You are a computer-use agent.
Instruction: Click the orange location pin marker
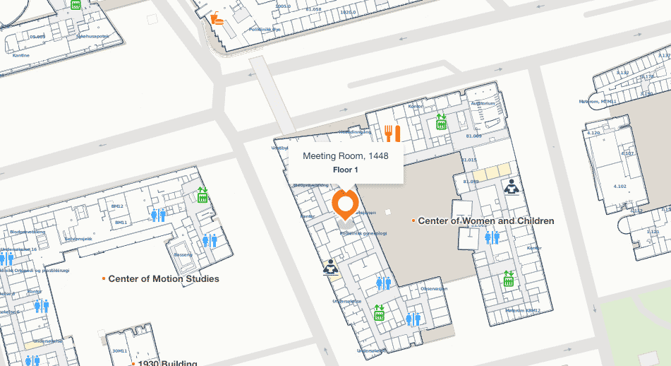[x=345, y=205]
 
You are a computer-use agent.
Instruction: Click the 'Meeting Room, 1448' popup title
[x=345, y=155]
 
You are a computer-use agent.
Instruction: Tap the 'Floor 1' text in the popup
[x=346, y=170]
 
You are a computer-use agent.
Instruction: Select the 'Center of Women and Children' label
[x=485, y=221]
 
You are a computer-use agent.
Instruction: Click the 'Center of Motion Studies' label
[x=163, y=279]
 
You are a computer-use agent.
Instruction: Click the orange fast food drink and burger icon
[x=217, y=18]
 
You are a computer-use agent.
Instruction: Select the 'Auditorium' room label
[x=483, y=104]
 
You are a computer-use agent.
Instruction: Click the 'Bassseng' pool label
[x=183, y=254]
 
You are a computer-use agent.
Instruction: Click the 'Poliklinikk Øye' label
[x=265, y=30]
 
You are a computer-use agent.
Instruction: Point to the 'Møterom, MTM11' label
[x=598, y=101]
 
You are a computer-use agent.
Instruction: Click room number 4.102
[x=620, y=187]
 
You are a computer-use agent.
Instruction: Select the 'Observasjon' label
[x=434, y=288]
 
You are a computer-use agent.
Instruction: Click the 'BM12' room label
[x=118, y=206]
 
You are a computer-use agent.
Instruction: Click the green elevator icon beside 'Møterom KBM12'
[x=508, y=280]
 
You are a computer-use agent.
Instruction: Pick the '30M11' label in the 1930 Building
[x=119, y=350]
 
